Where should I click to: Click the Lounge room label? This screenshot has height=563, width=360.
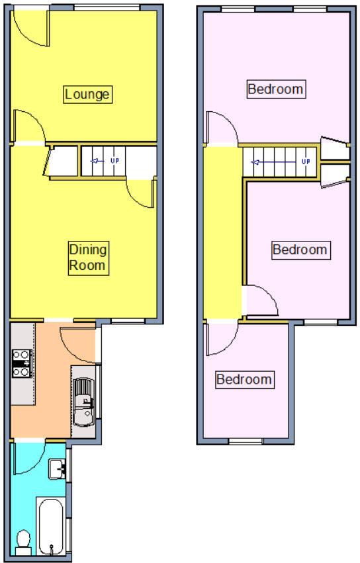coord(87,94)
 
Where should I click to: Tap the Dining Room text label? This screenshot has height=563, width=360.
coord(87,257)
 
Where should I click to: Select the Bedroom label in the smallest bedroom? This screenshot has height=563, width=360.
coord(244,380)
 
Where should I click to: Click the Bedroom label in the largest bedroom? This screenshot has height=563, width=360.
coord(275,89)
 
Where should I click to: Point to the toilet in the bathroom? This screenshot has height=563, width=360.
coord(22,542)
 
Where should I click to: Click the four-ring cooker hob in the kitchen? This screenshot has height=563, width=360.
coord(21,363)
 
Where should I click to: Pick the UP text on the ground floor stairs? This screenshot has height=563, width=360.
coord(114,161)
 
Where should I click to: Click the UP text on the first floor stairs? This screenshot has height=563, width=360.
coord(305,161)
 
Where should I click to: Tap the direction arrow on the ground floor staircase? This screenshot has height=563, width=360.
coord(96,161)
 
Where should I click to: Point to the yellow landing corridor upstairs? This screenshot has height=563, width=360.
coord(222,232)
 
